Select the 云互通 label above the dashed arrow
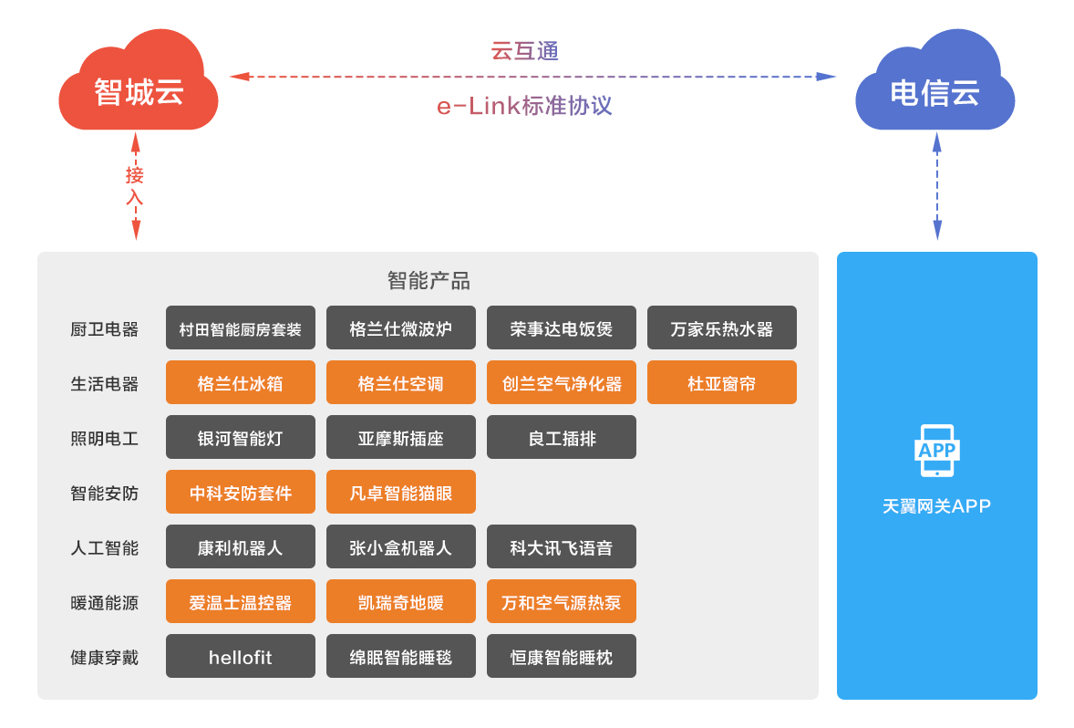[524, 51]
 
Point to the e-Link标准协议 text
[524, 106]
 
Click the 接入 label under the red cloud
[134, 186]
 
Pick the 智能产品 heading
[429, 280]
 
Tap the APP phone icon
[937, 451]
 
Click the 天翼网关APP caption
[936, 506]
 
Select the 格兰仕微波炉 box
[400, 328]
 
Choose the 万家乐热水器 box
[722, 328]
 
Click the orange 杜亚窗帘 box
[722, 382]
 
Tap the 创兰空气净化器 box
[562, 382]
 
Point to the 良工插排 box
[562, 437]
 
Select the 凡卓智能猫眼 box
[400, 493]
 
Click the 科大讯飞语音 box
[562, 547]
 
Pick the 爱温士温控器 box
[241, 602]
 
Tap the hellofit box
[241, 657]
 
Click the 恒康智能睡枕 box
[562, 657]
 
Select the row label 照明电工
[104, 438]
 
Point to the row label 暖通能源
[104, 602]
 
